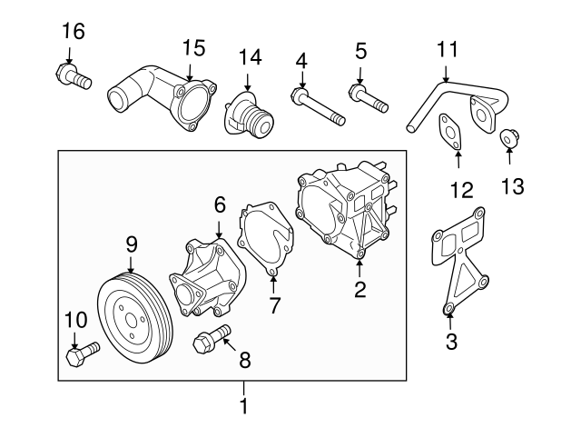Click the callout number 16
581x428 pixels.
pos(73,32)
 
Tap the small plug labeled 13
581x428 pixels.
pos(509,138)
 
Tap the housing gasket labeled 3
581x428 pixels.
pos(459,264)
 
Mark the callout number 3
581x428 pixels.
pos(451,342)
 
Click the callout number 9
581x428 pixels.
pos(131,244)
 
